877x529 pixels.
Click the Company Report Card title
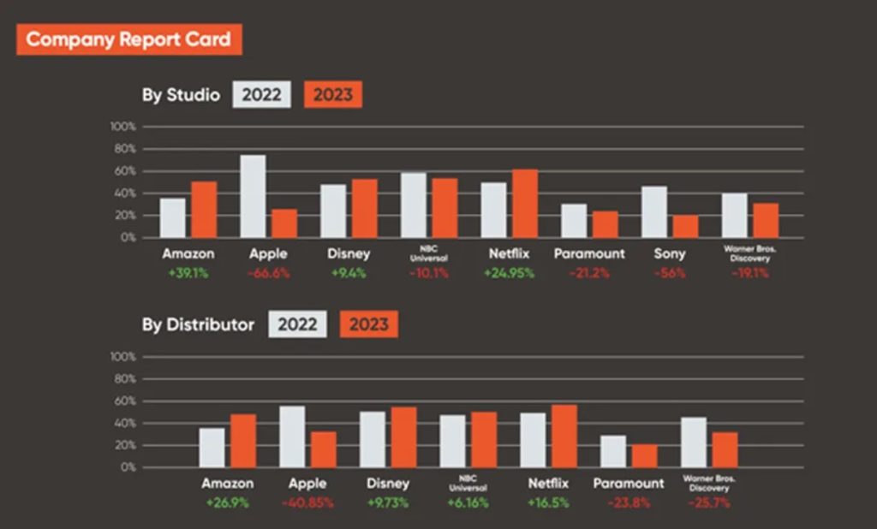tap(128, 39)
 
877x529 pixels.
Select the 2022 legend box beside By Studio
tap(261, 95)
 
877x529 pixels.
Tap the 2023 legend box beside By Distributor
tap(368, 324)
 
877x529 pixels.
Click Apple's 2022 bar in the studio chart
tap(253, 196)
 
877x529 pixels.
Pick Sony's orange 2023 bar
tap(685, 226)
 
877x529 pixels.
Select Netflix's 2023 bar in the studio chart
tap(525, 204)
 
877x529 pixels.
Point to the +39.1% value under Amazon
tap(188, 273)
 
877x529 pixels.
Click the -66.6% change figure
tap(269, 273)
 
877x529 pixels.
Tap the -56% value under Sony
tap(671, 273)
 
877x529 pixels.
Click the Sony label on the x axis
tap(671, 254)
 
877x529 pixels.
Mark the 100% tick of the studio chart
tap(123, 127)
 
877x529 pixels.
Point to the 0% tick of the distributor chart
tap(128, 468)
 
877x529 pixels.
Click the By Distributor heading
tap(198, 325)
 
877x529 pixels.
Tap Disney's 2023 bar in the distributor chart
tap(403, 437)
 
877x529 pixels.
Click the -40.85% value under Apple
tap(307, 502)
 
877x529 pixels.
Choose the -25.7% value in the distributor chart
tap(708, 502)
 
